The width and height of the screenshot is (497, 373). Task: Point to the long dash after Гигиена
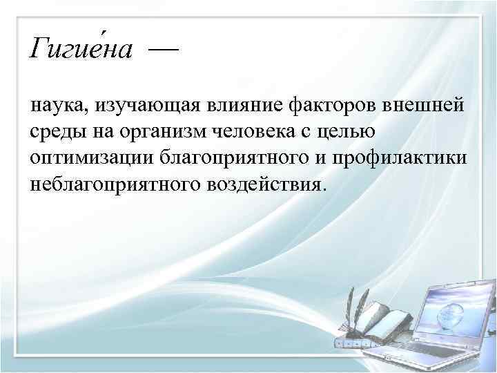[162, 50]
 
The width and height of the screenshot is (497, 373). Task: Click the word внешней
[428, 105]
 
